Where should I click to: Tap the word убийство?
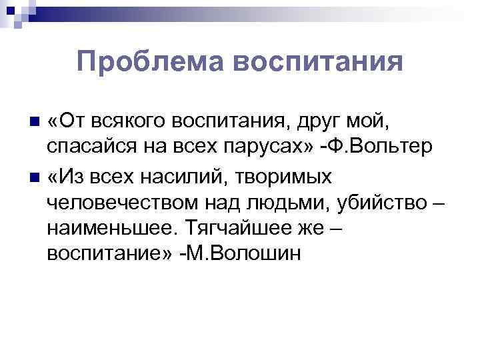click(376, 203)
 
